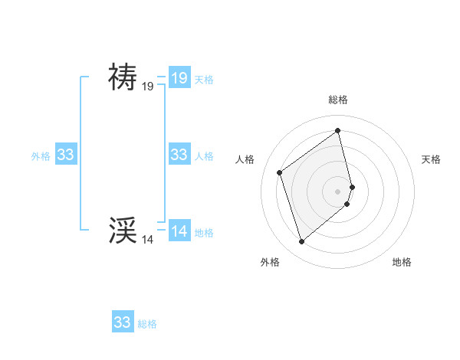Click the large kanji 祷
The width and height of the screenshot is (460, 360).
tap(123, 77)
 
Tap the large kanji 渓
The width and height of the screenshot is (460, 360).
tap(123, 229)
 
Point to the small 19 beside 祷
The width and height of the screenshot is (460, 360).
tap(148, 87)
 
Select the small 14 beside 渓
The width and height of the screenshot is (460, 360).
tap(148, 240)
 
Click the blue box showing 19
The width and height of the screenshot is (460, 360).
tap(179, 77)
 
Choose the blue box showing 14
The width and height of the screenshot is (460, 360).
tap(179, 231)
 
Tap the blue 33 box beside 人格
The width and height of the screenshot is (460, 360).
tap(179, 155)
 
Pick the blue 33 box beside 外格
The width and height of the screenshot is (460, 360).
tap(65, 155)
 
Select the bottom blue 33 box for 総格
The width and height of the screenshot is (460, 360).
tap(123, 322)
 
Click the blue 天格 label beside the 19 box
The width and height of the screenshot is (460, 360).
tap(204, 79)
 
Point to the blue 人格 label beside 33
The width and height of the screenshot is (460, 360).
tap(204, 156)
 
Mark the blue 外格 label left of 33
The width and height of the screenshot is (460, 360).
tap(41, 156)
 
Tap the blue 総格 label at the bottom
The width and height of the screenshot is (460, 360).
tap(147, 324)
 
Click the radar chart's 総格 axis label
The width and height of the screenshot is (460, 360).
tap(338, 100)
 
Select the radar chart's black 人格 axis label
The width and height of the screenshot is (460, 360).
tap(245, 159)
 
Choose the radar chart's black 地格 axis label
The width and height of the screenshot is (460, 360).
tap(402, 262)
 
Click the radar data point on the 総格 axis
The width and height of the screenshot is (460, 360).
tap(338, 131)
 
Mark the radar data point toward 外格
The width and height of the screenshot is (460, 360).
tap(302, 242)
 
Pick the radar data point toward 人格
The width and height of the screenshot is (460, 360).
tap(280, 172)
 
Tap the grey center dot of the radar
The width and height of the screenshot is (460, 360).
tap(338, 191)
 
